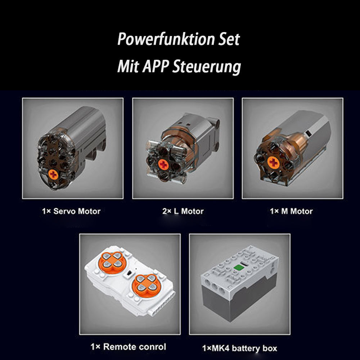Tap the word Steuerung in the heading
coord(206,67)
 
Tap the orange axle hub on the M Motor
coord(273,162)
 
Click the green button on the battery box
coord(238,267)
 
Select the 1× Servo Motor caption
coord(71,211)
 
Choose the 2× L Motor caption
coord(183,211)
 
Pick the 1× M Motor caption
coord(291,211)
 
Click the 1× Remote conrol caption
coord(128,347)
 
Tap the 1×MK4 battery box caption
coord(239,348)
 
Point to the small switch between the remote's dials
coord(129,273)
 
